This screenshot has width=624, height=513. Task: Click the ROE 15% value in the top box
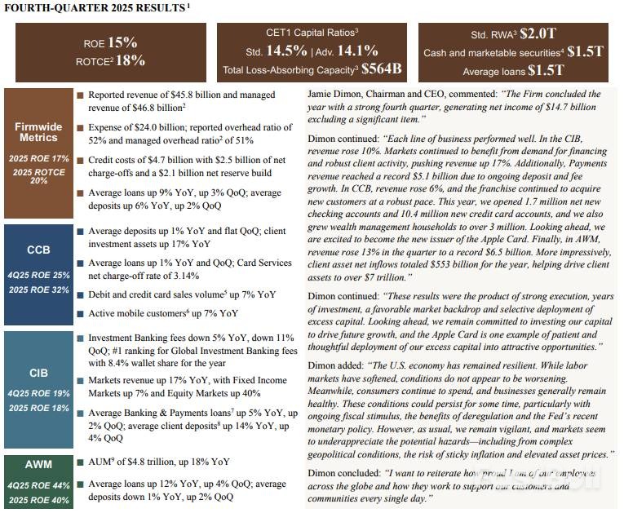point(122,42)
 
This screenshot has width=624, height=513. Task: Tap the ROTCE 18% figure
point(131,60)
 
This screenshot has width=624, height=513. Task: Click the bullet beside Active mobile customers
point(80,313)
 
